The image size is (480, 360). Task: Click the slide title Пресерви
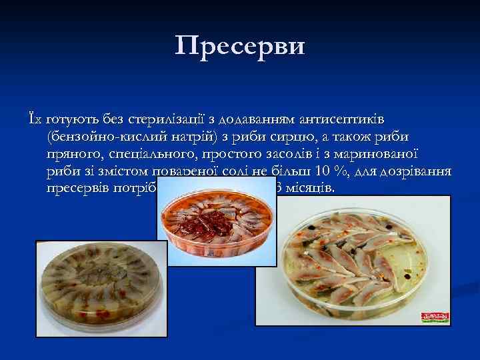pos(240,46)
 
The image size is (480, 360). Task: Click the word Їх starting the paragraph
pos(32,119)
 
